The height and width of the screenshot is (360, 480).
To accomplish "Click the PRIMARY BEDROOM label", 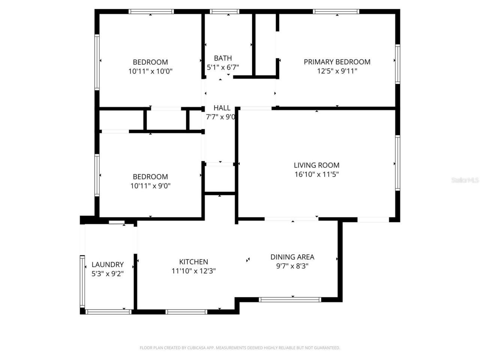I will click(337, 62).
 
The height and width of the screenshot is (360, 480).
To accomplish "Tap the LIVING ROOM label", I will click(316, 165).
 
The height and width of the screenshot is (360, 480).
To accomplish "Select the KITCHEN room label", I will click(193, 262).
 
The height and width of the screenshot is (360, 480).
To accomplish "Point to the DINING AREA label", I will click(292, 257).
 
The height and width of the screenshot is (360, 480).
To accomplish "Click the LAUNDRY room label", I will click(108, 264).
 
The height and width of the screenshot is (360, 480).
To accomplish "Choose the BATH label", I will click(223, 58).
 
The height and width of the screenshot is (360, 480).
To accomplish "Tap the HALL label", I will click(222, 108).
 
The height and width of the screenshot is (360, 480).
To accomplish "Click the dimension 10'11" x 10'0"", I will click(150, 71).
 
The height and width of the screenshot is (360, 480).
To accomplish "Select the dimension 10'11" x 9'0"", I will click(150, 186).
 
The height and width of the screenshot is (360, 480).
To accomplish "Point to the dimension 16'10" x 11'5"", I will click(316, 174).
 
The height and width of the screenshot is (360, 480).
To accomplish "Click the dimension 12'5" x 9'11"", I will click(337, 71).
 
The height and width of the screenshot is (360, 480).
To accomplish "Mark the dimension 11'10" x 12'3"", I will click(193, 271).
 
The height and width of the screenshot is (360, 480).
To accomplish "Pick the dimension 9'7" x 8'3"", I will click(292, 266).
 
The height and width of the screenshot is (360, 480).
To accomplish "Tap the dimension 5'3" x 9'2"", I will click(108, 273).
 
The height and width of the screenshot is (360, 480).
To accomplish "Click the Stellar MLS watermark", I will click(465, 180).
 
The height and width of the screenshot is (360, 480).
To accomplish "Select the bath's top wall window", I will click(225, 12).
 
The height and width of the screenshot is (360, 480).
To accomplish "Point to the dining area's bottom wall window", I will click(290, 300).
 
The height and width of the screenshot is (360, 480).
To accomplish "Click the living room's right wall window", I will click(397, 163).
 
